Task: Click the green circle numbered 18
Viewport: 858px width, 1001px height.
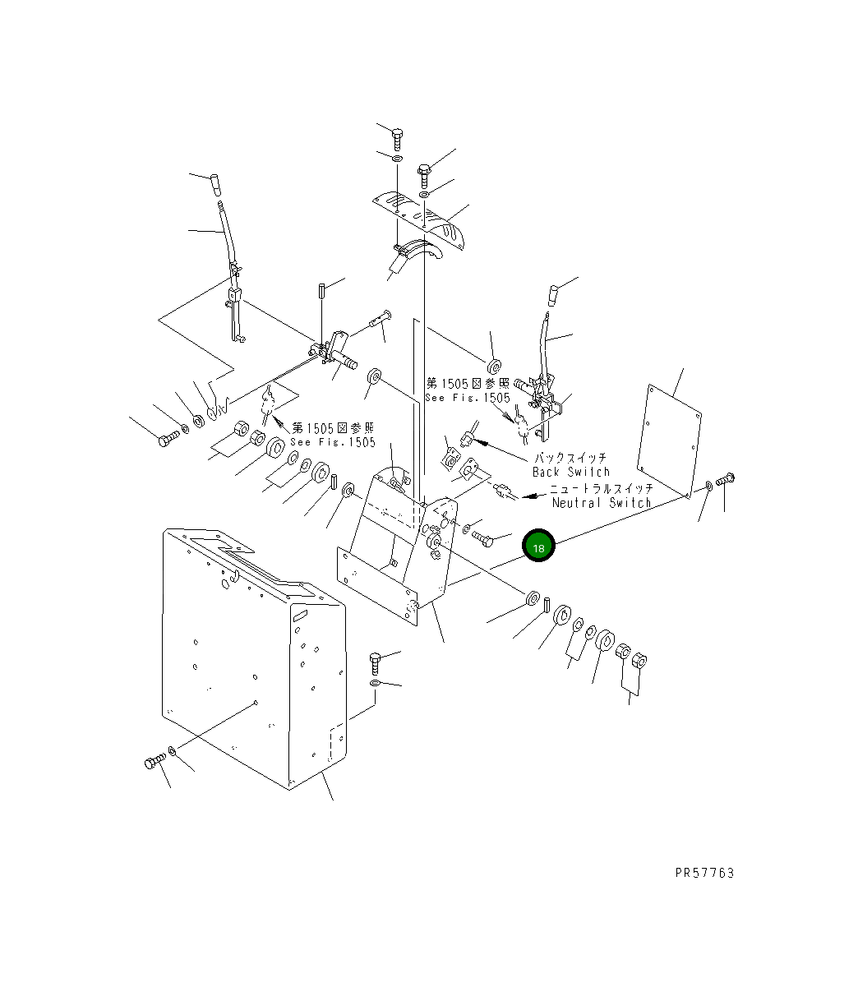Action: click(x=538, y=546)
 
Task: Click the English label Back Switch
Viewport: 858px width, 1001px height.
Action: click(x=571, y=472)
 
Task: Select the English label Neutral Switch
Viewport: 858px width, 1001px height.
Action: click(x=602, y=503)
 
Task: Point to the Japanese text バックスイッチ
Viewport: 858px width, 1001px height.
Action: click(x=570, y=458)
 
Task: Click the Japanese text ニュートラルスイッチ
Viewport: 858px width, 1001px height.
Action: click(x=602, y=488)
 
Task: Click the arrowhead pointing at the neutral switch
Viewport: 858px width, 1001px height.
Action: click(x=531, y=496)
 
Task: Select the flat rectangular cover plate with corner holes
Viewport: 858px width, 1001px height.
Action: click(x=669, y=441)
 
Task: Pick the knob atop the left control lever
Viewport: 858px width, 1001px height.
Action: click(x=215, y=186)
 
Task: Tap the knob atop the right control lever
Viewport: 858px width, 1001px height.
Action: click(x=553, y=295)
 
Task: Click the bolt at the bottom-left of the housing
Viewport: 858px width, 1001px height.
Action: click(x=155, y=762)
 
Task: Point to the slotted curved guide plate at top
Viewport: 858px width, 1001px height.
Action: click(x=418, y=221)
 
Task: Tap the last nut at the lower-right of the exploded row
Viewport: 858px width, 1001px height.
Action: click(x=639, y=660)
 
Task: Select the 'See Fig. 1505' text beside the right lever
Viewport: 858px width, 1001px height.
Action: click(x=468, y=398)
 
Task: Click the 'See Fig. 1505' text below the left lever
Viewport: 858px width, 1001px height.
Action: click(x=333, y=441)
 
